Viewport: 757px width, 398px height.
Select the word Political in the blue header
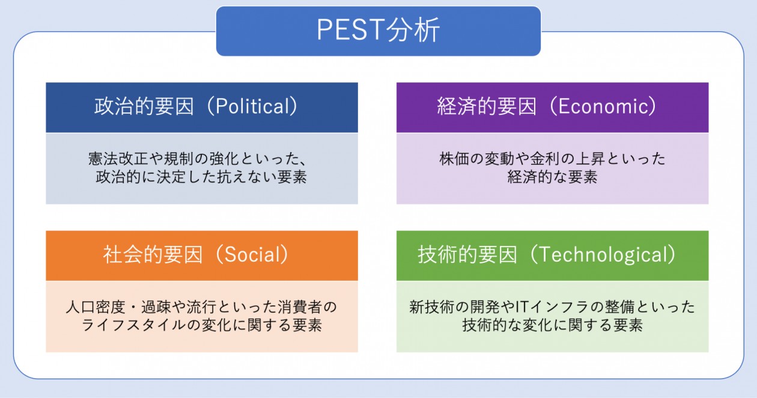pos(252,106)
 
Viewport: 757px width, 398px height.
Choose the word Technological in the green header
pos(603,255)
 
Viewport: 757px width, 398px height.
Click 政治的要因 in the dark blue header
pos(144,106)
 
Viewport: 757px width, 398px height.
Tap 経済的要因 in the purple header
pos(487,106)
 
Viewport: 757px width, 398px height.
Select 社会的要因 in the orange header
pos(153,255)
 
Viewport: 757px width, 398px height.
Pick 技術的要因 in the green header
pos(467,255)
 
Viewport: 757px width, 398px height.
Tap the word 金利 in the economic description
pos(545,159)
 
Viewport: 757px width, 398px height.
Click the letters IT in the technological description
pos(521,307)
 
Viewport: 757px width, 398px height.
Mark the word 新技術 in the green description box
pos(431,307)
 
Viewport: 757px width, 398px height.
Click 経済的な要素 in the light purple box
pos(552,177)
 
